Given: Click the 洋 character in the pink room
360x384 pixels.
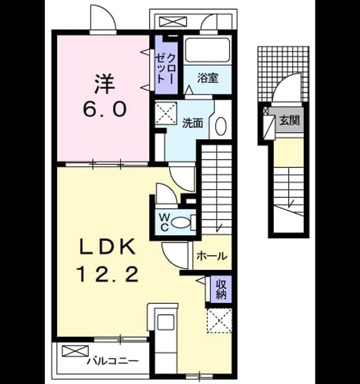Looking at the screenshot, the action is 104,84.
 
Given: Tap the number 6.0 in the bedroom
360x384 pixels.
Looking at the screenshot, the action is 105,109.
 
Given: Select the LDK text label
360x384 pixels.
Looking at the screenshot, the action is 107,247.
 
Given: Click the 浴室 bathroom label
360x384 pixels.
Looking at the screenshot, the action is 208,78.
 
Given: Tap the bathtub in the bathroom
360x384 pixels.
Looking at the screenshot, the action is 208,50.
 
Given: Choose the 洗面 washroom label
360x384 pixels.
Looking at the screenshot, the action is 193,123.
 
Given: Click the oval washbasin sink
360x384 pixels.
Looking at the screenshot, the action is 221,126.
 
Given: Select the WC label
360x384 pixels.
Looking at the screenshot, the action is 164,222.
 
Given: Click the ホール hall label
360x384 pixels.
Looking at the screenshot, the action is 212,256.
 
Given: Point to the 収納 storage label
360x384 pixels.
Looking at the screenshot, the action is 221,290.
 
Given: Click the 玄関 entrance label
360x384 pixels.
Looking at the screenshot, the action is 290,121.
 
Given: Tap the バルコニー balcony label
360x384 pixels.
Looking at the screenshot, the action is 113,361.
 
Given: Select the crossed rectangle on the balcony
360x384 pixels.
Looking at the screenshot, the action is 75,350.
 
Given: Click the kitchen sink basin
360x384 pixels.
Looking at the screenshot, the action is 166,323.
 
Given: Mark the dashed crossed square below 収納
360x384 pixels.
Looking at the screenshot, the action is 220,320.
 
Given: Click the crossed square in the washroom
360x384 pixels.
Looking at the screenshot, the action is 166,113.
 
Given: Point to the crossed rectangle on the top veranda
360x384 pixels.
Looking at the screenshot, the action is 173,22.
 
